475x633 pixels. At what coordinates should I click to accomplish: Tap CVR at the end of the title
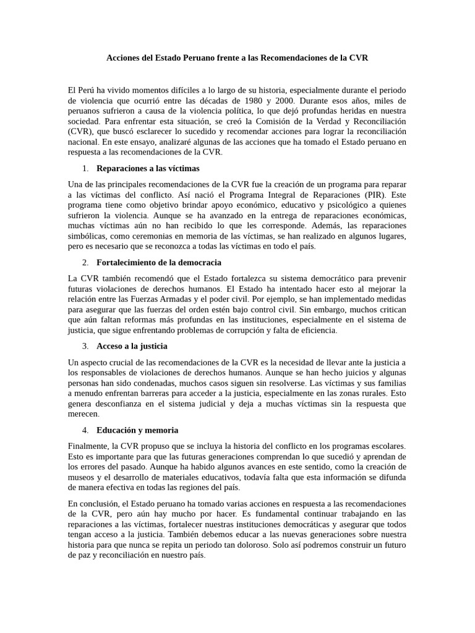coord(359,58)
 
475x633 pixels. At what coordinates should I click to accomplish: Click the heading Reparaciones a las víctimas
coord(148,168)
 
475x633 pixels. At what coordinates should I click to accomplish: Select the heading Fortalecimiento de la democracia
coord(159,263)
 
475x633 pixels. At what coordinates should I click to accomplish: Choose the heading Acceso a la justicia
coord(132,346)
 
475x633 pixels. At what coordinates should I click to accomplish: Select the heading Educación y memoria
coord(137,430)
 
